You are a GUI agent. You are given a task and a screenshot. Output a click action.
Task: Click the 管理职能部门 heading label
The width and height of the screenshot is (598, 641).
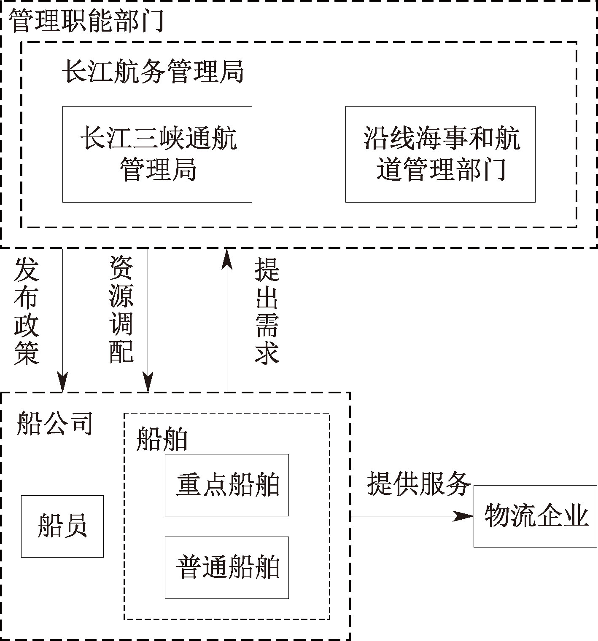[86, 21]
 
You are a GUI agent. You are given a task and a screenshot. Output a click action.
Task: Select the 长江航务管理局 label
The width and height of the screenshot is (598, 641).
[153, 72]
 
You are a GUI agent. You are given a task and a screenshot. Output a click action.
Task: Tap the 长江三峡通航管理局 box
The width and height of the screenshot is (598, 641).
[157, 154]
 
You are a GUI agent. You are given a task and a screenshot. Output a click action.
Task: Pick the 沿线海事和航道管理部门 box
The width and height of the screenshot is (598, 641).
[440, 154]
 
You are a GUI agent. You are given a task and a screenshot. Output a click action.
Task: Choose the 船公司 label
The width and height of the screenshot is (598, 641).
[54, 423]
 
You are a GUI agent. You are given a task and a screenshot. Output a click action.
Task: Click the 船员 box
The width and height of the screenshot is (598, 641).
[62, 526]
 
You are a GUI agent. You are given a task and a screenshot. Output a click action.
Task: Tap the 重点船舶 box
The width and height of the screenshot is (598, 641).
[227, 485]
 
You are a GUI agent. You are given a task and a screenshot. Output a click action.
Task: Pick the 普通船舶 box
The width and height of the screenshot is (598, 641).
[227, 567]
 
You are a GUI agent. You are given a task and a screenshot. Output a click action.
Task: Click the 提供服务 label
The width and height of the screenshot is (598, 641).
[418, 483]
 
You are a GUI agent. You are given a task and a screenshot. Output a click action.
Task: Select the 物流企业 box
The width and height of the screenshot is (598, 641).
[536, 516]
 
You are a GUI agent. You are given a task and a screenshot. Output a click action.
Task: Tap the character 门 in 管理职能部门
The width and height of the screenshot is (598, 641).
[152, 21]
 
